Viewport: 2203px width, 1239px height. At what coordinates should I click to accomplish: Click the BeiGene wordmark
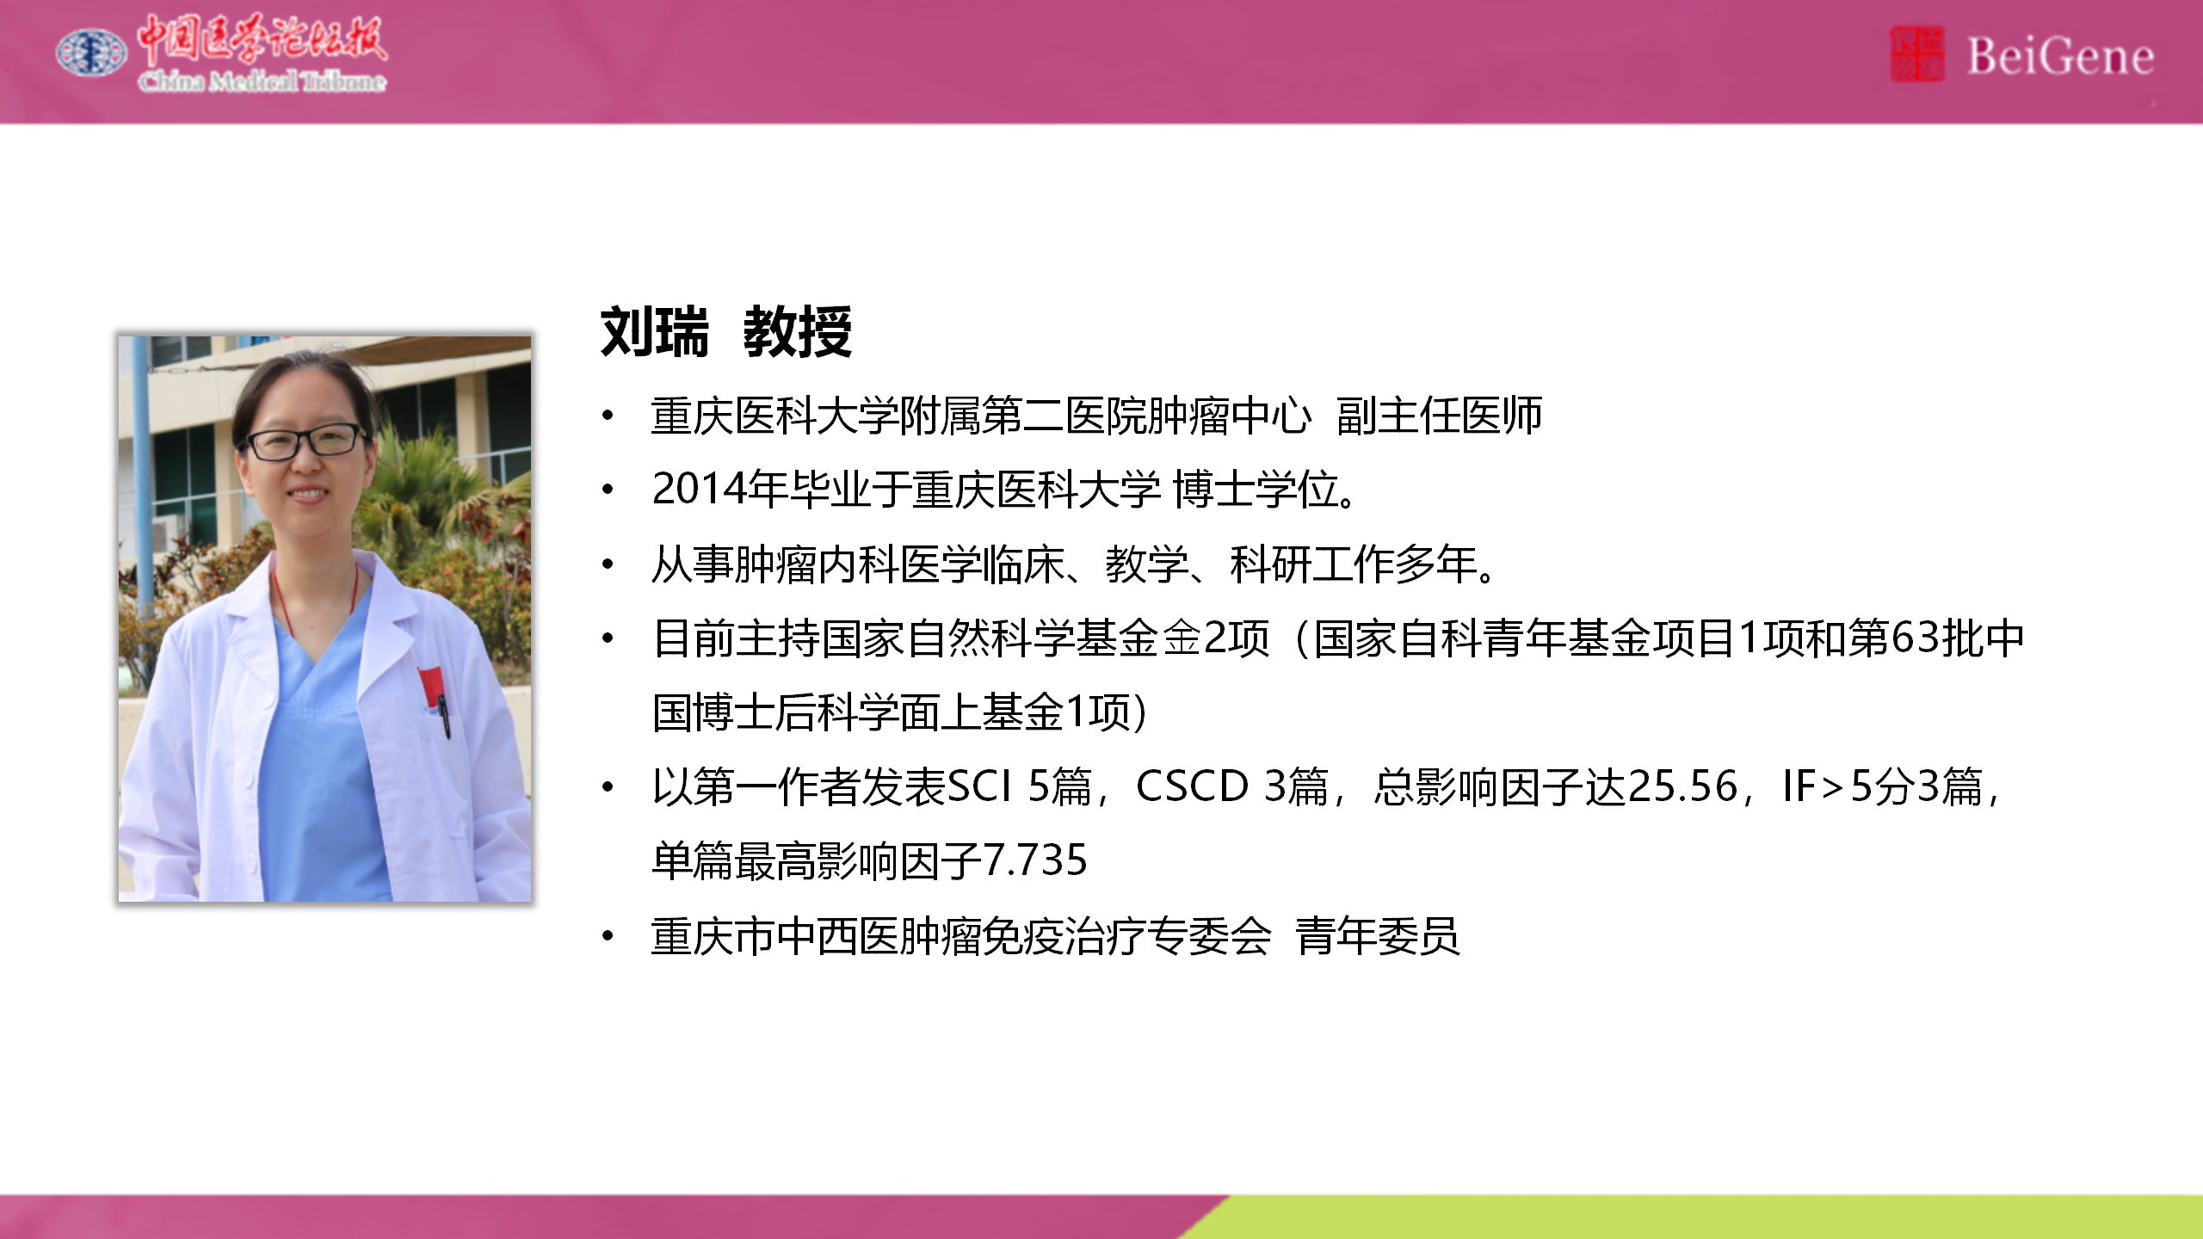pos(2060,57)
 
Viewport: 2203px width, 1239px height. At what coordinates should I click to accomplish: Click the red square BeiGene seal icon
pos(1916,53)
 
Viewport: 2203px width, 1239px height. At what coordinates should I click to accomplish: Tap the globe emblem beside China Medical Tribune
pos(91,52)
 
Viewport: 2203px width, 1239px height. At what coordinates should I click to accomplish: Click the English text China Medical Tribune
pos(262,81)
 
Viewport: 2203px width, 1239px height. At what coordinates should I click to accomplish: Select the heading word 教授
pos(798,331)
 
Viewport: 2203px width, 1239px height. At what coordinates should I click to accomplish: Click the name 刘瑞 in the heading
pos(655,331)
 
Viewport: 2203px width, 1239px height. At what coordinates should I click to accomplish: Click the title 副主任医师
pos(1439,416)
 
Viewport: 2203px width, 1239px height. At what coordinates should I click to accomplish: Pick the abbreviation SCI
pos(978,786)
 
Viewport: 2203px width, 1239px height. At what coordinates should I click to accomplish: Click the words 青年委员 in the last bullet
pos(1378,936)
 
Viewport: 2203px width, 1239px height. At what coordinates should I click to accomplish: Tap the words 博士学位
pos(1256,490)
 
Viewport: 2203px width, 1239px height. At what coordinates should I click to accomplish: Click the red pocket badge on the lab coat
pos(431,686)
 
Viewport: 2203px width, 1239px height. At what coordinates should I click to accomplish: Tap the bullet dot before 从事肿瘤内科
pos(608,564)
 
